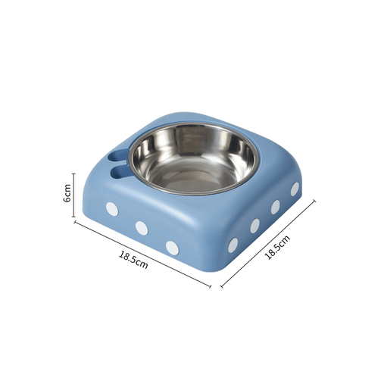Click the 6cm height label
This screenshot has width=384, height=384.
[x=67, y=193]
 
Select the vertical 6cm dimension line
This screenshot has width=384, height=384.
[x=74, y=195]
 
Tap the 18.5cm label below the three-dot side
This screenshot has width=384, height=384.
[x=133, y=260]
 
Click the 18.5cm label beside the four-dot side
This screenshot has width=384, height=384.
[x=277, y=248]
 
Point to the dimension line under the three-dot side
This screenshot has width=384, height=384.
[x=142, y=254]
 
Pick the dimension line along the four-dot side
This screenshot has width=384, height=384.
[x=268, y=244]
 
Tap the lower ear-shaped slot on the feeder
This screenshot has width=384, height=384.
[x=120, y=171]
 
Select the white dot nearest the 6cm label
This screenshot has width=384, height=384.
[x=112, y=209]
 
